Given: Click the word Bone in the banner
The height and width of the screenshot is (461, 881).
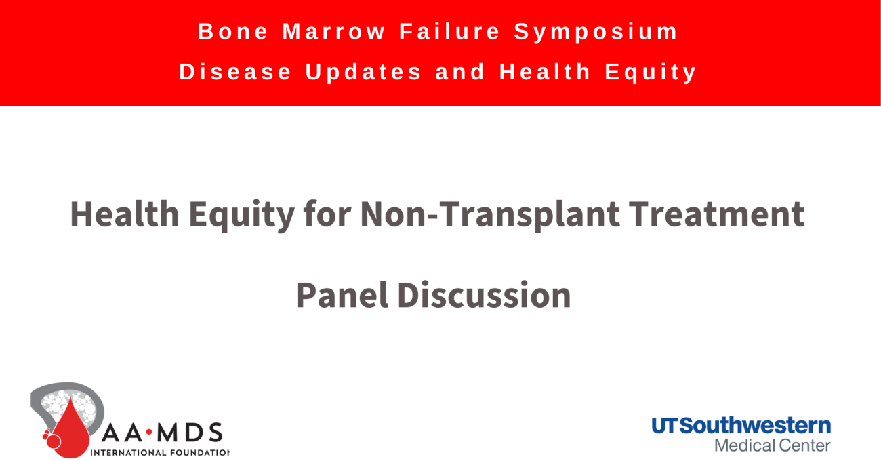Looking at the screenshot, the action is tap(233, 31).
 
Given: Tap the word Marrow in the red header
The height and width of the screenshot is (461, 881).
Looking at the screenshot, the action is tap(334, 31).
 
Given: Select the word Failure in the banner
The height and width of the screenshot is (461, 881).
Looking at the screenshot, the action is tap(450, 31).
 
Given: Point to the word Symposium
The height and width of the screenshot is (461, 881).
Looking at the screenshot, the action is tap(596, 33).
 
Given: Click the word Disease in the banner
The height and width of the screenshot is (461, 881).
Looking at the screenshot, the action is tap(235, 72).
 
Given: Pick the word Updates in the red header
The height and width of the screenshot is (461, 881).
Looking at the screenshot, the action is tap(363, 73).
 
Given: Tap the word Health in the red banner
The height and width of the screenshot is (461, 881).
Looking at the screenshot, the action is tap(546, 71).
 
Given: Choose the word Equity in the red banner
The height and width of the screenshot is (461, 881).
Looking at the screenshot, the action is tap(651, 73).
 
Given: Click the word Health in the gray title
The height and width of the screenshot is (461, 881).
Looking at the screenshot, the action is tap(125, 214).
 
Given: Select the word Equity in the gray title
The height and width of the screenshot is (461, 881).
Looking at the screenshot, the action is tap(242, 216).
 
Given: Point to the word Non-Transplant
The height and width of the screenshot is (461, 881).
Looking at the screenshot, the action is tap(490, 216).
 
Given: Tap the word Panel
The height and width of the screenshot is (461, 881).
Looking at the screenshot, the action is tap(342, 295).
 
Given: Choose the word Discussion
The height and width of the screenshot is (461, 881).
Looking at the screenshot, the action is tap(484, 295).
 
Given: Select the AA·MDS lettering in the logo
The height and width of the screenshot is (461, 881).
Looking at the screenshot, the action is tap(162, 433).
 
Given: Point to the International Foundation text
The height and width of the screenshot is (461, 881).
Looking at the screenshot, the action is tap(160, 453).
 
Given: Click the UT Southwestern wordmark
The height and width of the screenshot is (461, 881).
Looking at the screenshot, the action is tap(741, 426).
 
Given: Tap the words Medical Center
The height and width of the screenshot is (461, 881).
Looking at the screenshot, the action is tap(773, 445).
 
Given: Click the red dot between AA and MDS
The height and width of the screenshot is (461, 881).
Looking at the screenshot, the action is tap(149, 433).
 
